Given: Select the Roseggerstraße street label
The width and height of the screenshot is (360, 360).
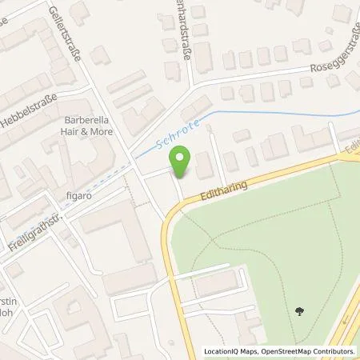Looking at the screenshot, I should coord(329,53).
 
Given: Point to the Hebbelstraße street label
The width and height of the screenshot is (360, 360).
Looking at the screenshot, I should coord(30,102).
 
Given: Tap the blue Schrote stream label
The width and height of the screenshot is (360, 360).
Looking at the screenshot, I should coord(162,139).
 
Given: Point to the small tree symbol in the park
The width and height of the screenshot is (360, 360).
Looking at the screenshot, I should coord(299,310).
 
